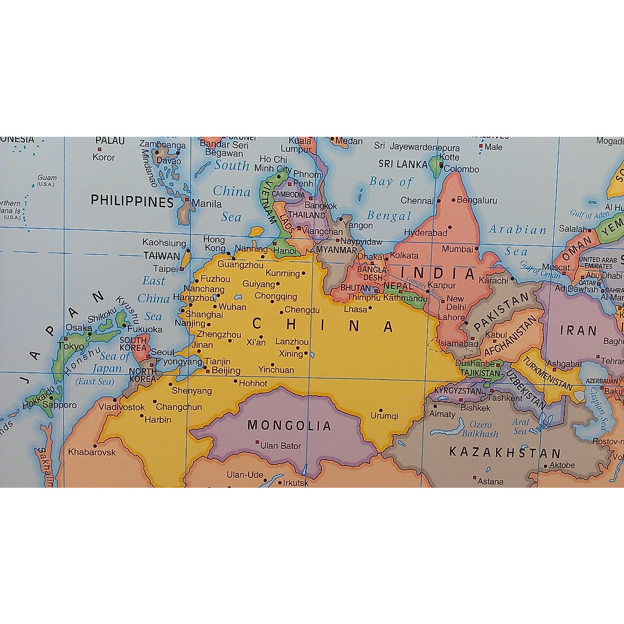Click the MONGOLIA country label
[x=289, y=426]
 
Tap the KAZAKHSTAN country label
[x=505, y=452]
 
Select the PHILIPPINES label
[x=132, y=201]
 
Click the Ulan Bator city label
[x=281, y=446]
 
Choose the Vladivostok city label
[x=122, y=407]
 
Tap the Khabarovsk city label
[x=92, y=452]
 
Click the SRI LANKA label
[x=402, y=164]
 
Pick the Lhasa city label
[x=356, y=309]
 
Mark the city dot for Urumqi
[x=381, y=410]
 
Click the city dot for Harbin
[x=142, y=415]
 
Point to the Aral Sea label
[x=521, y=426]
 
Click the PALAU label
[x=110, y=141]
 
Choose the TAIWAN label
[x=162, y=256]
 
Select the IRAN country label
[x=578, y=331]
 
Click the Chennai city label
[x=417, y=201]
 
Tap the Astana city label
[x=490, y=482]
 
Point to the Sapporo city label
[x=60, y=405]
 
